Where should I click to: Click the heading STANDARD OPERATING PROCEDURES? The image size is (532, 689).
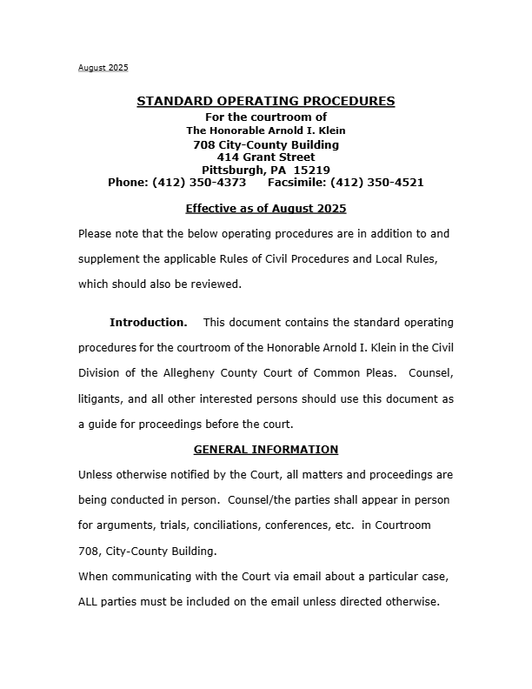click(x=265, y=102)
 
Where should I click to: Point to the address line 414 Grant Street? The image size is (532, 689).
click(x=266, y=157)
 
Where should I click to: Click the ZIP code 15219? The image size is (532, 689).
click(x=312, y=170)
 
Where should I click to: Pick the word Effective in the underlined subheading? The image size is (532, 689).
click(x=213, y=209)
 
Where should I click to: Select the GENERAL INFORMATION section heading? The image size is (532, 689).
click(x=265, y=450)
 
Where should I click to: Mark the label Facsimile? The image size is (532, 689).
click(x=297, y=183)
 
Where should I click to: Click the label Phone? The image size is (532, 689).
click(x=128, y=183)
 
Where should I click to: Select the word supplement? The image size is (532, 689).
click(x=110, y=259)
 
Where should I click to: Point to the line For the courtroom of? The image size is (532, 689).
click(x=265, y=117)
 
